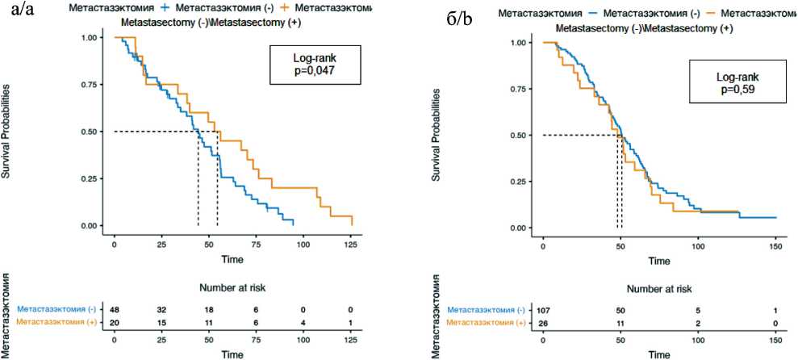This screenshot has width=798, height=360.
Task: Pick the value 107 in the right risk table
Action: click(x=543, y=311)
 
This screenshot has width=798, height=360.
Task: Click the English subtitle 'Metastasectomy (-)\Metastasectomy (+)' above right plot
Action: click(x=644, y=28)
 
